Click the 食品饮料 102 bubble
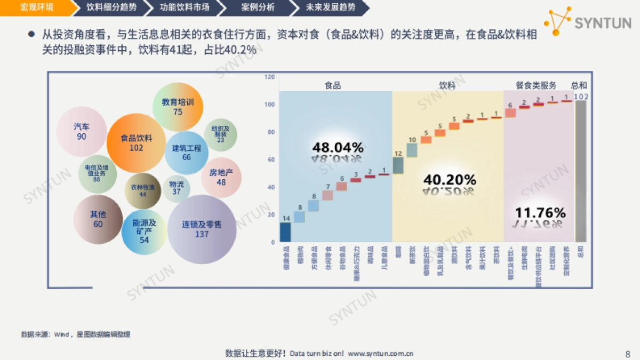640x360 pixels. (x=136, y=143)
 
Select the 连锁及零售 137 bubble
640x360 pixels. (x=202, y=229)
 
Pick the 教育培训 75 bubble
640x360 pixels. (x=178, y=107)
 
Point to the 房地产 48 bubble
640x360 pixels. (x=221, y=177)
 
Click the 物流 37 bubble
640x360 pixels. (x=176, y=188)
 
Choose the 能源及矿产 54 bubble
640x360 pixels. (x=144, y=231)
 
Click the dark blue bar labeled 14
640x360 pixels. (x=285, y=232)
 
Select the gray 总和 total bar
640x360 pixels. (x=580, y=171)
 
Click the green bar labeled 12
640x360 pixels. (x=398, y=165)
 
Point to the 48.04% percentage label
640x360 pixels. (x=338, y=147)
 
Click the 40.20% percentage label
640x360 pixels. (x=449, y=180)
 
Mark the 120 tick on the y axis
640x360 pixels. (x=270, y=77)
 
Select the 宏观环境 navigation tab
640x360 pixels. (x=36, y=7)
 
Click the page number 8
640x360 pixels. (x=627, y=354)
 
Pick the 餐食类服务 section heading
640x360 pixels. (x=535, y=85)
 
